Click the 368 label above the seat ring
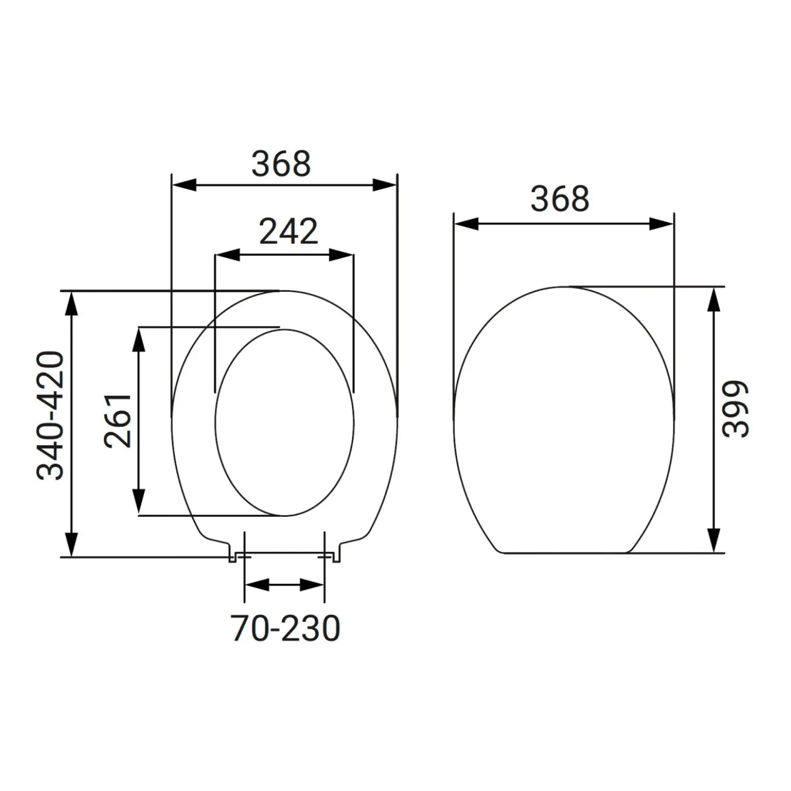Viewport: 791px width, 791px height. [x=281, y=164]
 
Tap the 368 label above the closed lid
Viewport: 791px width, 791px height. [x=560, y=199]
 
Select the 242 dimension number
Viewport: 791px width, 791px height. [x=288, y=231]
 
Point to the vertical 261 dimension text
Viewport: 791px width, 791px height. [x=117, y=421]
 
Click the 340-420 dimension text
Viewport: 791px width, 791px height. [x=50, y=416]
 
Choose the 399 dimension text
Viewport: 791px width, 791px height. [x=736, y=409]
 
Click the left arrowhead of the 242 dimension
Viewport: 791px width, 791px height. [x=227, y=255]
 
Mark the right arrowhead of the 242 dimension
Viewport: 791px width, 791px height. [x=341, y=255]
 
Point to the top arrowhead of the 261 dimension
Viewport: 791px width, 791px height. [x=139, y=340]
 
